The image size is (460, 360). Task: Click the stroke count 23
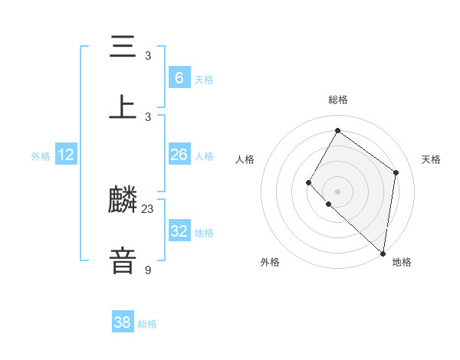pyautogui.click(x=148, y=208)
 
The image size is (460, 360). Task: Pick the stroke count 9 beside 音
pyautogui.click(x=148, y=269)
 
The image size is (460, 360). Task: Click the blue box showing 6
pyautogui.click(x=179, y=77)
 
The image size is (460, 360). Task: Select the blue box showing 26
pyautogui.click(x=179, y=155)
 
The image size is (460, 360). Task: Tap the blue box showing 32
pyautogui.click(x=179, y=231)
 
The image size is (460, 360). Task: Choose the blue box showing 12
pyautogui.click(x=66, y=155)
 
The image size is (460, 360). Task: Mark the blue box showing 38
pyautogui.click(x=123, y=322)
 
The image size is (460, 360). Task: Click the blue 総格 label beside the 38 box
pyautogui.click(x=147, y=324)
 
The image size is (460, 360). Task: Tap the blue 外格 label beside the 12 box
pyautogui.click(x=41, y=156)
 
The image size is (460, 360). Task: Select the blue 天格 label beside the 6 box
pyautogui.click(x=204, y=79)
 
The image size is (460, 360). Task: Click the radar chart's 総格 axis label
pyautogui.click(x=337, y=100)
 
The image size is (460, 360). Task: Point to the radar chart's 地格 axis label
pyautogui.click(x=402, y=262)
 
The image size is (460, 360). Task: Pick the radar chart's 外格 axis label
pyautogui.click(x=270, y=262)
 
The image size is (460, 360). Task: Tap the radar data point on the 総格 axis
pyautogui.click(x=337, y=131)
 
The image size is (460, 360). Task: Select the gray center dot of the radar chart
pyautogui.click(x=337, y=191)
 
